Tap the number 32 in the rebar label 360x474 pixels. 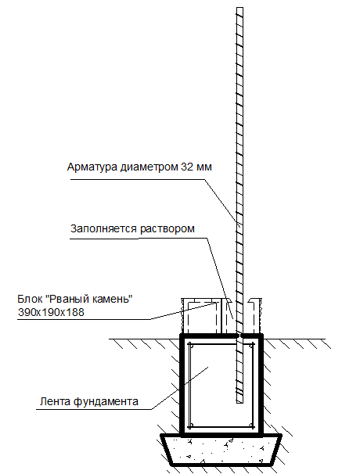[187, 167]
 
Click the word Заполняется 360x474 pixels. [104, 228]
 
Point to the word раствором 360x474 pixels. [167, 229]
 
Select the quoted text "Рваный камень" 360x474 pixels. [89, 299]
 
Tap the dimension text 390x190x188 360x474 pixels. [51, 312]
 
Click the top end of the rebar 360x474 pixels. [239, 8]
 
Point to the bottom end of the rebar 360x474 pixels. [239, 402]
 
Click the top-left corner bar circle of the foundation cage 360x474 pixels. [190, 345]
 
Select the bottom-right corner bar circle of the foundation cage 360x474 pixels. [252, 426]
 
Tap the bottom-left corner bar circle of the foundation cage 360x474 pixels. [190, 426]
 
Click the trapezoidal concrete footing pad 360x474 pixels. [221, 450]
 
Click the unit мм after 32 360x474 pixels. [204, 167]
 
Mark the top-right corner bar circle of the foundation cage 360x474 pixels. [252, 345]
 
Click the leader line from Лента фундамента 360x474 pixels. [180, 388]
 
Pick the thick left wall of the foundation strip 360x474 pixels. [182, 386]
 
